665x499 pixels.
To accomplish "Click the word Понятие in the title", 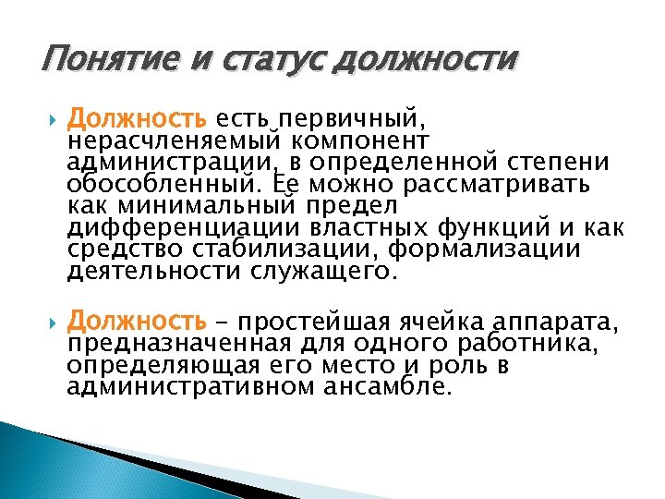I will click(x=93, y=61).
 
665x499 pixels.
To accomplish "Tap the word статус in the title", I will click(x=254, y=61).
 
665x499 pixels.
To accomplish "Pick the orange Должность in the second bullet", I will click(x=138, y=322).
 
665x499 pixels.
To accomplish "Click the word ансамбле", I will click(x=398, y=387).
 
